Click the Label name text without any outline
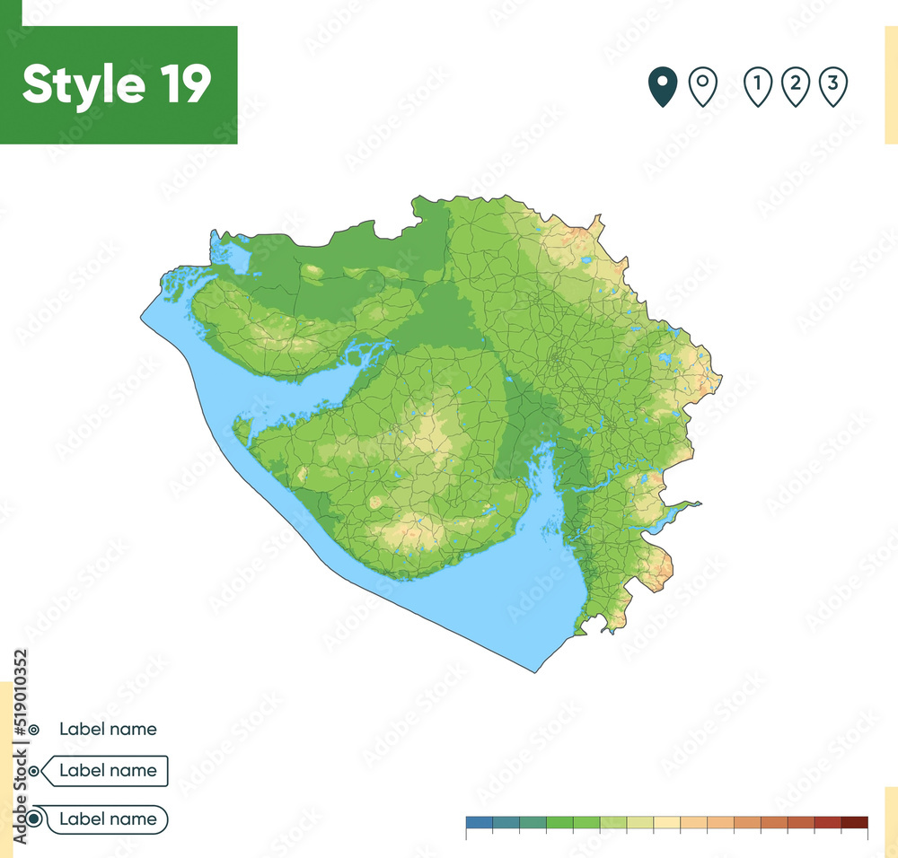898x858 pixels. coord(108,730)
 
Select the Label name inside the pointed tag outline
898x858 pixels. coord(108,771)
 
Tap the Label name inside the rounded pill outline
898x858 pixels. coord(108,819)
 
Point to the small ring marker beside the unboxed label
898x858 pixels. coord(33,731)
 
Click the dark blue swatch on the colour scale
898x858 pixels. coord(480,822)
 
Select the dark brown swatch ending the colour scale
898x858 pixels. coord(855,822)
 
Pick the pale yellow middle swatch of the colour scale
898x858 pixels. coord(667,822)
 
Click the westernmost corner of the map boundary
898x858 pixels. coord(141,317)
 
